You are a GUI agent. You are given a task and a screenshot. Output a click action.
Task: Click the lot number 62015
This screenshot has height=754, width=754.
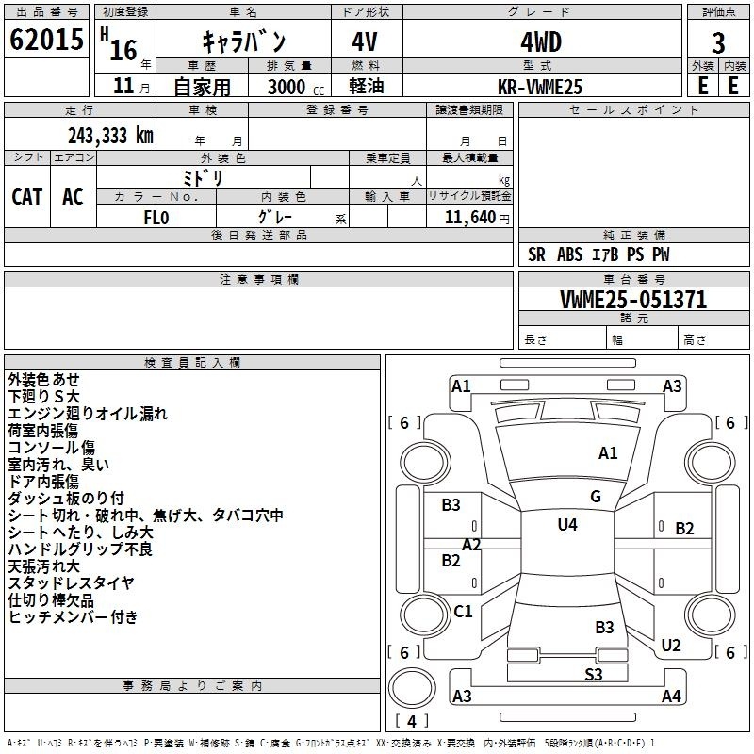coord(46,40)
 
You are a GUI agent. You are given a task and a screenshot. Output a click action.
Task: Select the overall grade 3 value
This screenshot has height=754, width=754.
coord(718,43)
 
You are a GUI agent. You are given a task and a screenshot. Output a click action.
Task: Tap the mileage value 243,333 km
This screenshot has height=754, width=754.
coord(110,136)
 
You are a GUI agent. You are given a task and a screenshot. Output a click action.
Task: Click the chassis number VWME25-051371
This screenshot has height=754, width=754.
coord(633,299)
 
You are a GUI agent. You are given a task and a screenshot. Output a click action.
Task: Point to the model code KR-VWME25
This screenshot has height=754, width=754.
coord(540,87)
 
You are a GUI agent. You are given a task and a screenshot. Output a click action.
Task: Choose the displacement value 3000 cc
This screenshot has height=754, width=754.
coord(296,87)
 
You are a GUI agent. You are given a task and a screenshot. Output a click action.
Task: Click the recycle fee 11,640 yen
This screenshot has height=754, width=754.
coord(477,218)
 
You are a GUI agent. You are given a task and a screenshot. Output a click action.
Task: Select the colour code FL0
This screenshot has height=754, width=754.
coord(156,218)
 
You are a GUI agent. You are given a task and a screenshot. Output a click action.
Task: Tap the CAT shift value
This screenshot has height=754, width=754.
coord(27,197)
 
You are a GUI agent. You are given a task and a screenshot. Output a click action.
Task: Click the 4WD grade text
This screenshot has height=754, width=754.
coord(541,42)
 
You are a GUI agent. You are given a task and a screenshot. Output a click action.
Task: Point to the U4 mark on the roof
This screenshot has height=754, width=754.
coord(567,525)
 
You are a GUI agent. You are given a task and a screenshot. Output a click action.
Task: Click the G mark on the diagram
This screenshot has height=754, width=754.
coord(596,497)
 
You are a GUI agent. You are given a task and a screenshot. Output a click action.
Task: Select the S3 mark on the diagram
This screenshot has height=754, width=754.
coord(594,674)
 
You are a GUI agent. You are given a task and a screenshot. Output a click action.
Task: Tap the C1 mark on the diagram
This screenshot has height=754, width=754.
coord(463,611)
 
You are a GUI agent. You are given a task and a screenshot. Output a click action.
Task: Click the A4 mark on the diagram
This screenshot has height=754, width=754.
coord(671,696)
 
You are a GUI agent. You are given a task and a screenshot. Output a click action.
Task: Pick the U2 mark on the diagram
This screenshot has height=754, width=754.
coord(671,645)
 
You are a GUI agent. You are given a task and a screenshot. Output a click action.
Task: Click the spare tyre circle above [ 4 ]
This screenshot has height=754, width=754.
coord(412,688)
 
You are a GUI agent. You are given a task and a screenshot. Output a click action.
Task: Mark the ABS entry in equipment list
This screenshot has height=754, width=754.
coord(569,254)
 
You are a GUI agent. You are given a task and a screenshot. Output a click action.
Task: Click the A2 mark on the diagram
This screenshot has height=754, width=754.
coord(471,545)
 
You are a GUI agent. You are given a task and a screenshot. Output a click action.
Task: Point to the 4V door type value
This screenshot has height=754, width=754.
coord(365,42)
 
